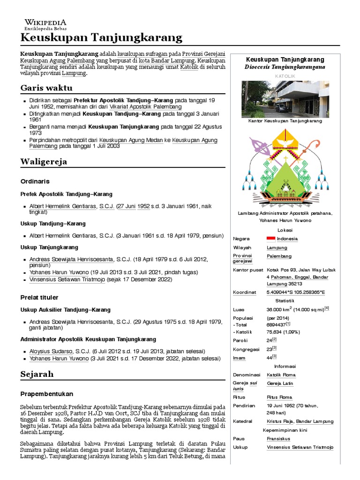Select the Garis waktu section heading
46,88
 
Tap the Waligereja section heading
44,162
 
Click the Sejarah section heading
37,374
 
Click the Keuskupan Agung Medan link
135,140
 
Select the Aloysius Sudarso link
52,351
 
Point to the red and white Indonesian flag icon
270,239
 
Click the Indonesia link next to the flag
287,239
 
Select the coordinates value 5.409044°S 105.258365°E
296,292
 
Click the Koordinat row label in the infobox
244,292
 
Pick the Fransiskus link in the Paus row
278,439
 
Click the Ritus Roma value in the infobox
279,397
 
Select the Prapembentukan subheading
47,394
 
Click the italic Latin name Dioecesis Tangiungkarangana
285,67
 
